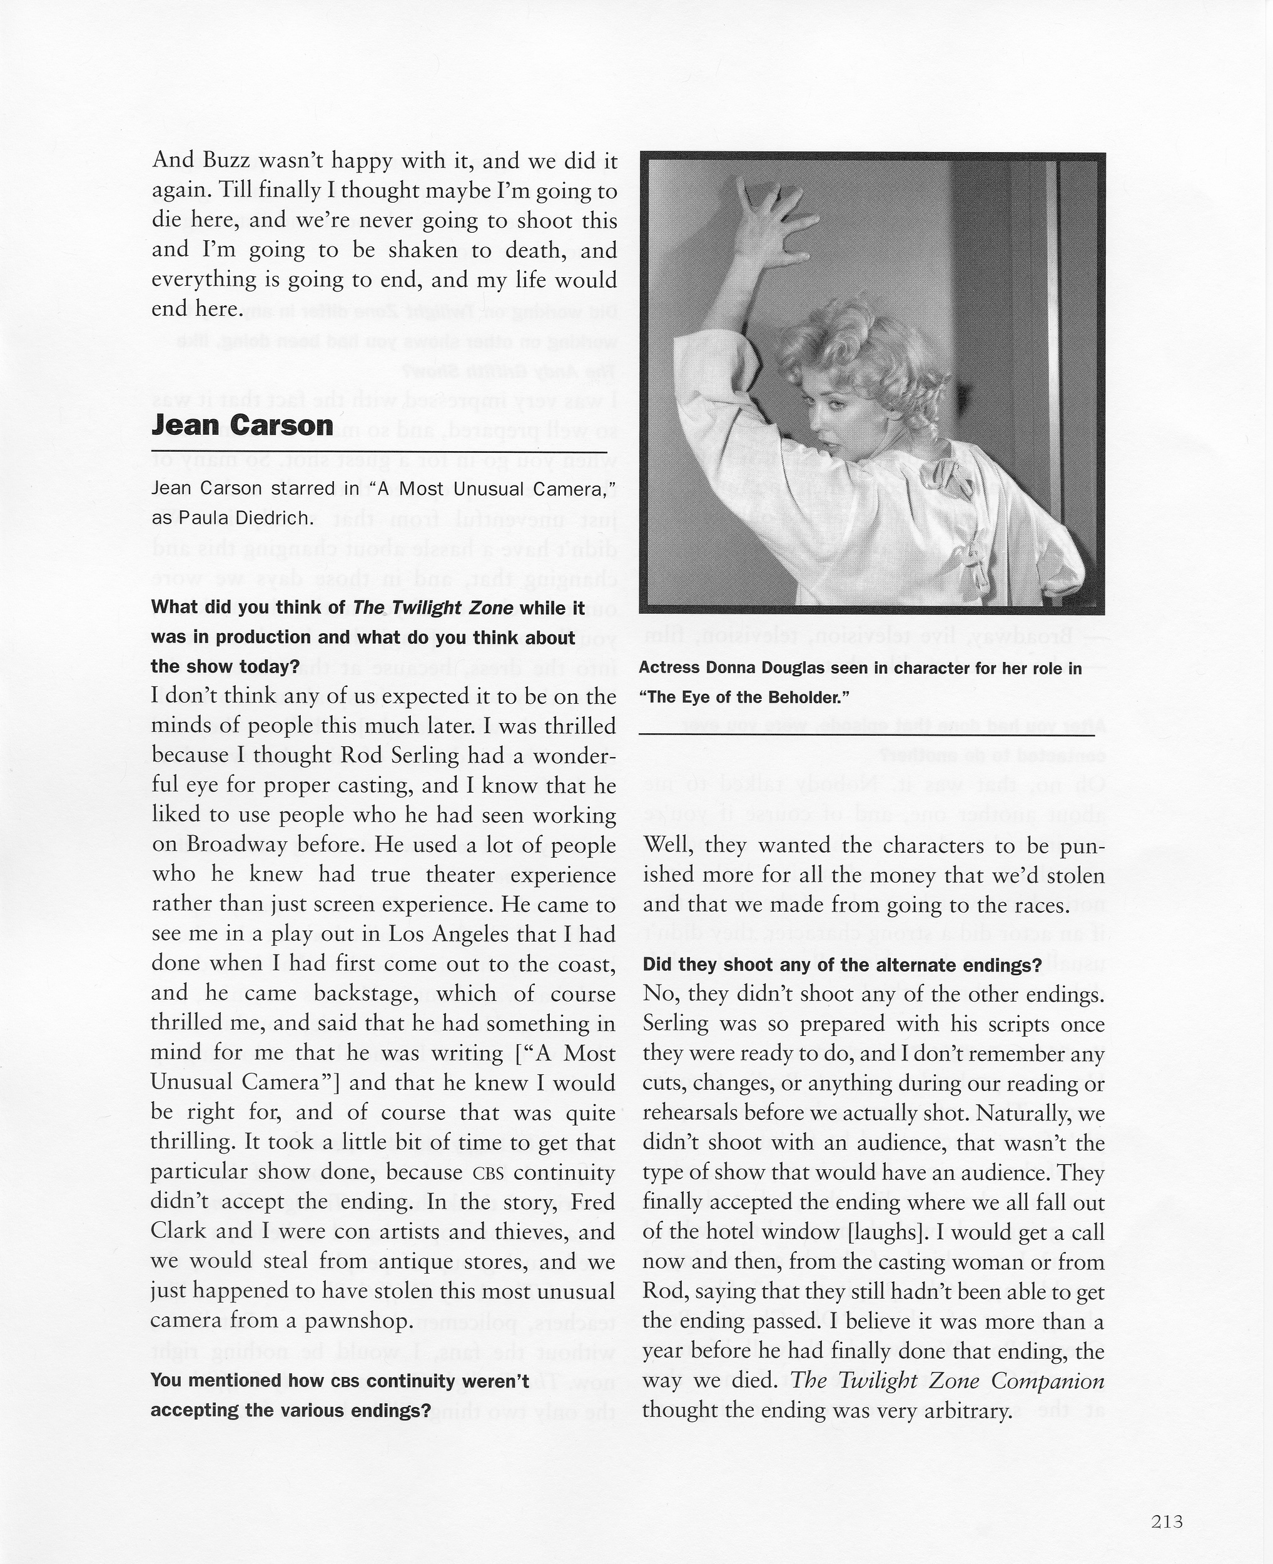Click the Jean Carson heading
242,425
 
